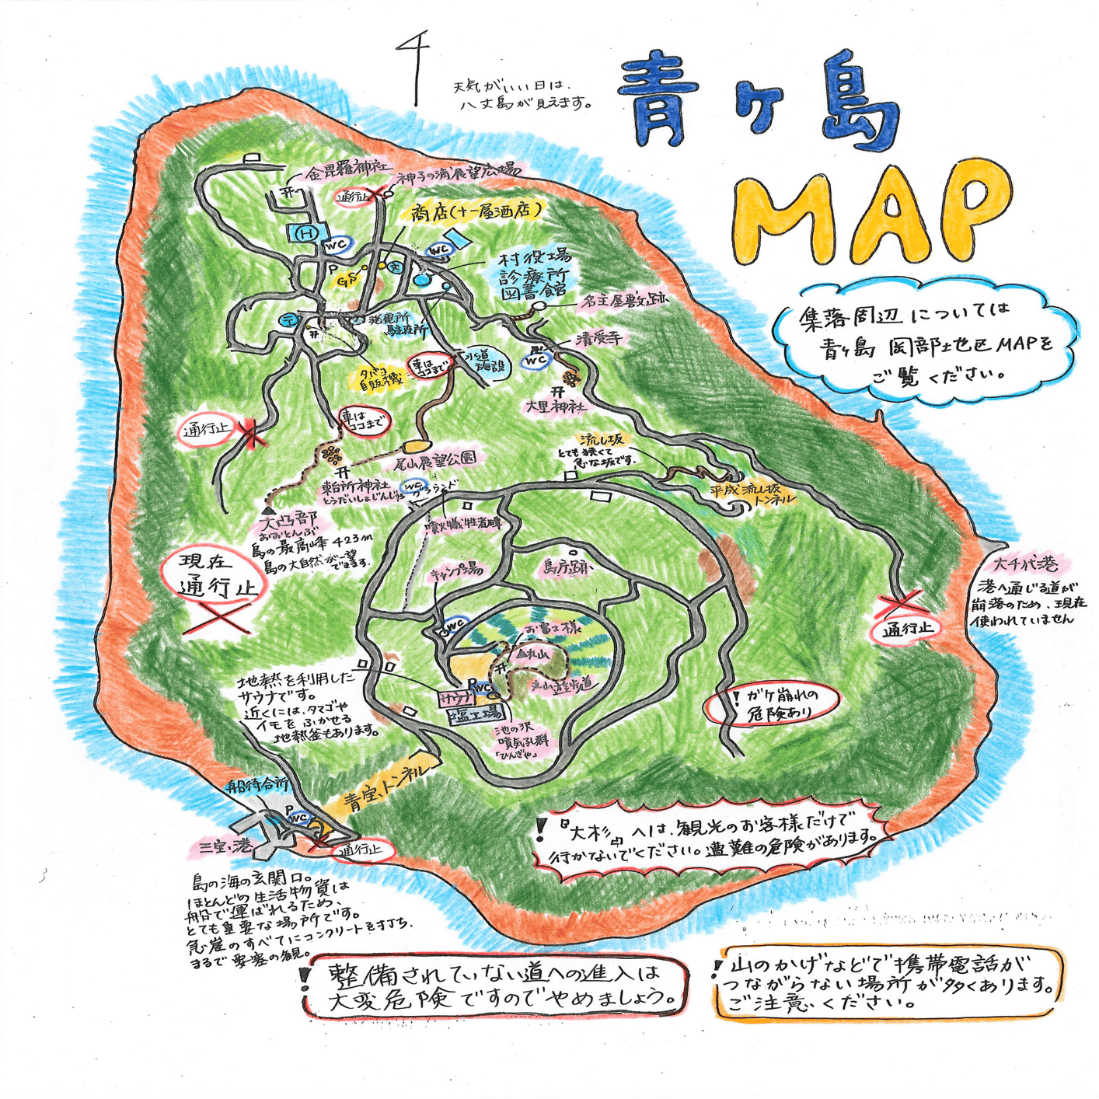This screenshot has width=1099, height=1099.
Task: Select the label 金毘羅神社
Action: [347, 169]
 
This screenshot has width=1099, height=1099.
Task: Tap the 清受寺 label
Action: [599, 339]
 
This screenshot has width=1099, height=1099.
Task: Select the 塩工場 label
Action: [476, 713]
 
